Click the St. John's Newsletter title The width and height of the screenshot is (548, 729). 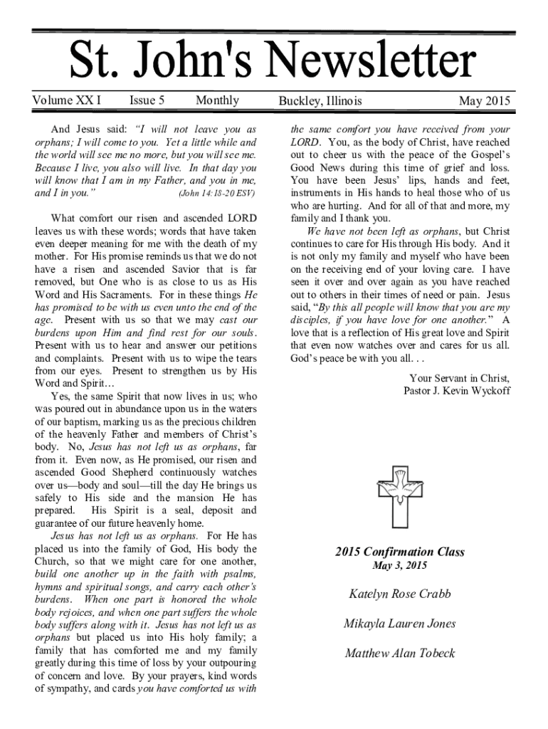point(272,61)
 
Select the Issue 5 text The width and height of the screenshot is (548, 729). point(147,100)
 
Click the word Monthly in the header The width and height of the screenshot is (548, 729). point(217,100)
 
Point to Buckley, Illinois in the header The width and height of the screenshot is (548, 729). point(320,101)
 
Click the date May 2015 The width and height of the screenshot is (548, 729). point(485,101)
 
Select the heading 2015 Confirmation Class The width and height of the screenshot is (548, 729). point(399,552)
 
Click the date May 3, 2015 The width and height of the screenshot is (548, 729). point(399,566)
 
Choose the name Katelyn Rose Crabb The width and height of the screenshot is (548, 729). point(399,594)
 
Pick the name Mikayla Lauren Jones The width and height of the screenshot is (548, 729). point(399,624)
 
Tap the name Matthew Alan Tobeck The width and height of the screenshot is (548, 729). point(399,653)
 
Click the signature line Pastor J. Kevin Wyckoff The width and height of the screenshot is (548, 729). point(456,391)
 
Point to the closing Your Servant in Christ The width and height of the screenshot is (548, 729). point(459,378)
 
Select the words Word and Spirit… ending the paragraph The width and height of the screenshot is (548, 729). point(68,383)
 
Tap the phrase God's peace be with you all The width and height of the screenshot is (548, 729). point(350,358)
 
